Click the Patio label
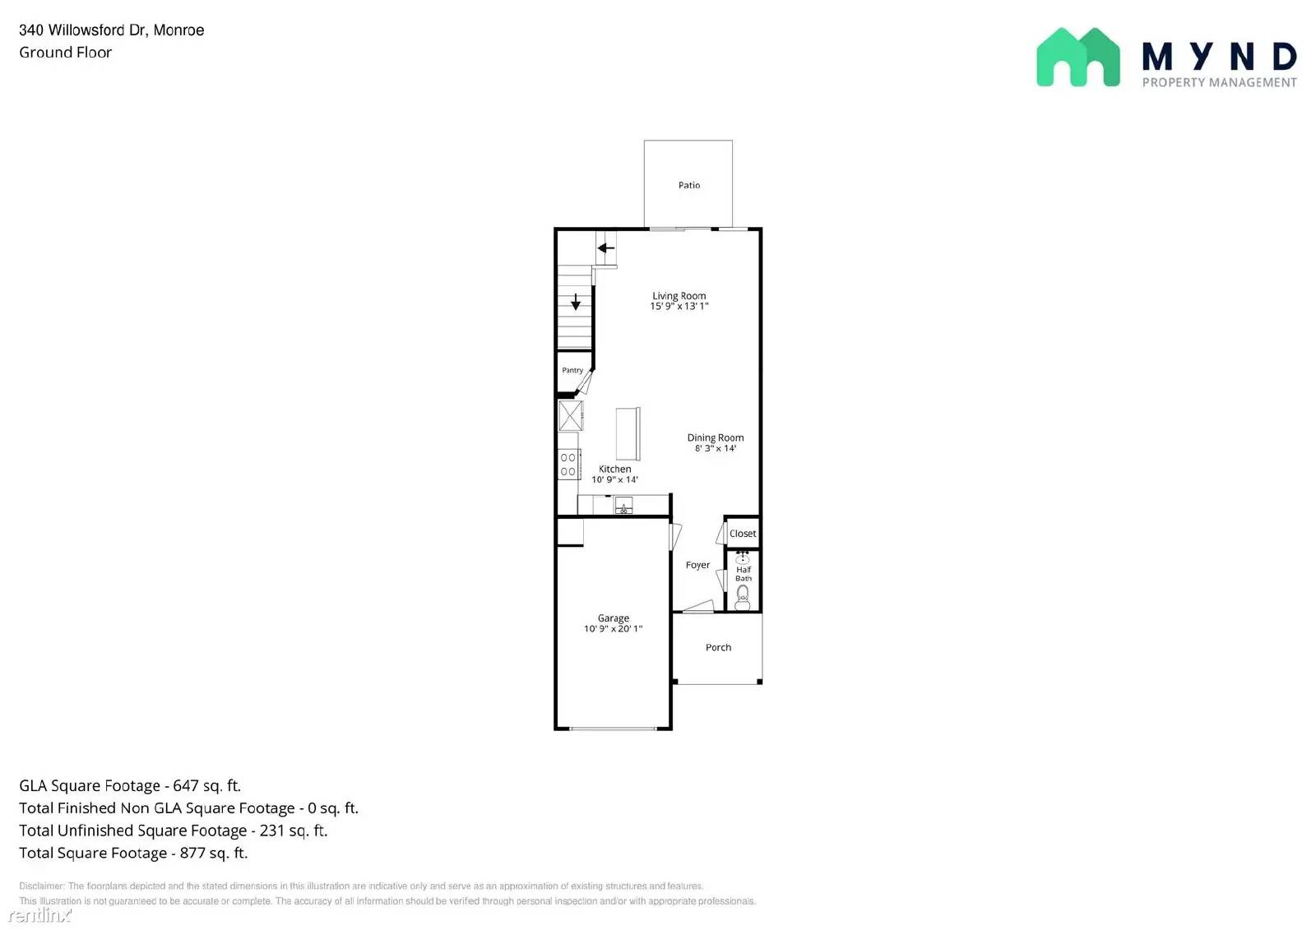coord(689,185)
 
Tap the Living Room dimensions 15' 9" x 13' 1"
coord(679,307)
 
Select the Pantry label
coord(572,370)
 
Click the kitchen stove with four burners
coord(568,465)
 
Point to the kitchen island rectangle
coord(628,433)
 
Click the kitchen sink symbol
coord(623,506)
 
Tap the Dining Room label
coord(716,437)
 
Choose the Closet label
coord(743,534)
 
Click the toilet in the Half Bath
coord(743,597)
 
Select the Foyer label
coord(697,565)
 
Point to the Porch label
coord(718,647)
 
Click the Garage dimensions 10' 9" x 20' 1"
coord(613,629)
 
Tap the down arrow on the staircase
coord(576,302)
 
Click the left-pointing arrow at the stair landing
coord(606,248)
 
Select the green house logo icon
coord(1077,57)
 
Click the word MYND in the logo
coord(1219,57)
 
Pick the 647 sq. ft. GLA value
coord(206,785)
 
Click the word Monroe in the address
coord(178,30)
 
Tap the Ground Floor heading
coord(66,53)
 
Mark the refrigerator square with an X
coord(571,415)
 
